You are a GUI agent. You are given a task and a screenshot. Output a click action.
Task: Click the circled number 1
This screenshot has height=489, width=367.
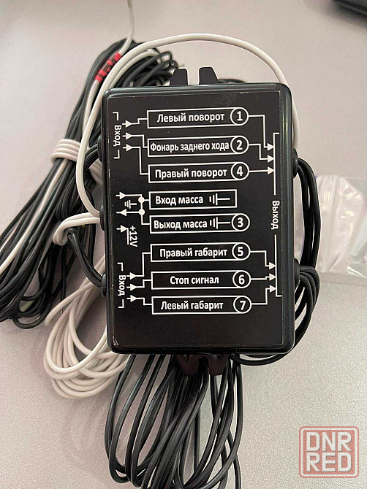[x=239, y=116]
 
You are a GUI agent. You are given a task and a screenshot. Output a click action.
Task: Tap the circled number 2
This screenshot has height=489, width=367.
[x=240, y=145]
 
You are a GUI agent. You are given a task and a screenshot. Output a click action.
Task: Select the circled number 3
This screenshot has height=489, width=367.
[x=241, y=223]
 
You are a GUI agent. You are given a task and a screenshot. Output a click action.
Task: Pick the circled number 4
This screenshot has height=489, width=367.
[x=240, y=172]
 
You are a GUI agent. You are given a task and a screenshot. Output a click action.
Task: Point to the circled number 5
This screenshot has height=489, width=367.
[x=241, y=252]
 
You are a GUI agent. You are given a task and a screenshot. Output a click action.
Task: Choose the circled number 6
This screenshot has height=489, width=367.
[x=242, y=280]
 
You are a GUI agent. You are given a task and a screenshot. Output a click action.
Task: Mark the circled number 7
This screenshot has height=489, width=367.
[x=243, y=305]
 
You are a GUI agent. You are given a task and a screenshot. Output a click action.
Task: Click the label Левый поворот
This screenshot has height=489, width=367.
[x=191, y=118]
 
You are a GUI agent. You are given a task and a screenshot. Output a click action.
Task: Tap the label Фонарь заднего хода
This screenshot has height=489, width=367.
[x=189, y=146]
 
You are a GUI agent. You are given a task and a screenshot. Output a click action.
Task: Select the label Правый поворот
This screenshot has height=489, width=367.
[x=191, y=173]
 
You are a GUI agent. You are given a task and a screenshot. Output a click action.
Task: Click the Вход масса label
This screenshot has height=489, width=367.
[x=179, y=199]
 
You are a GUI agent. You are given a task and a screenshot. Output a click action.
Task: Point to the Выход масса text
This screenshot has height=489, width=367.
[x=181, y=224]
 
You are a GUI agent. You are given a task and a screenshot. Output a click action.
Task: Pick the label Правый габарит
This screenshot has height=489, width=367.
[x=193, y=253]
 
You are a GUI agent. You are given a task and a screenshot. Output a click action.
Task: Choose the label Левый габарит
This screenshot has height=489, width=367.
[x=192, y=305]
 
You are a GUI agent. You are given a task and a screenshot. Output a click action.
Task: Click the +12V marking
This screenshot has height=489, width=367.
[x=133, y=236]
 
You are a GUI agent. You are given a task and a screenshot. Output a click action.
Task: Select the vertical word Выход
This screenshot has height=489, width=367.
[x=276, y=215]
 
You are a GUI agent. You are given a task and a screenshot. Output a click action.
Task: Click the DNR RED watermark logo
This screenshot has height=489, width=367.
[x=329, y=453]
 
